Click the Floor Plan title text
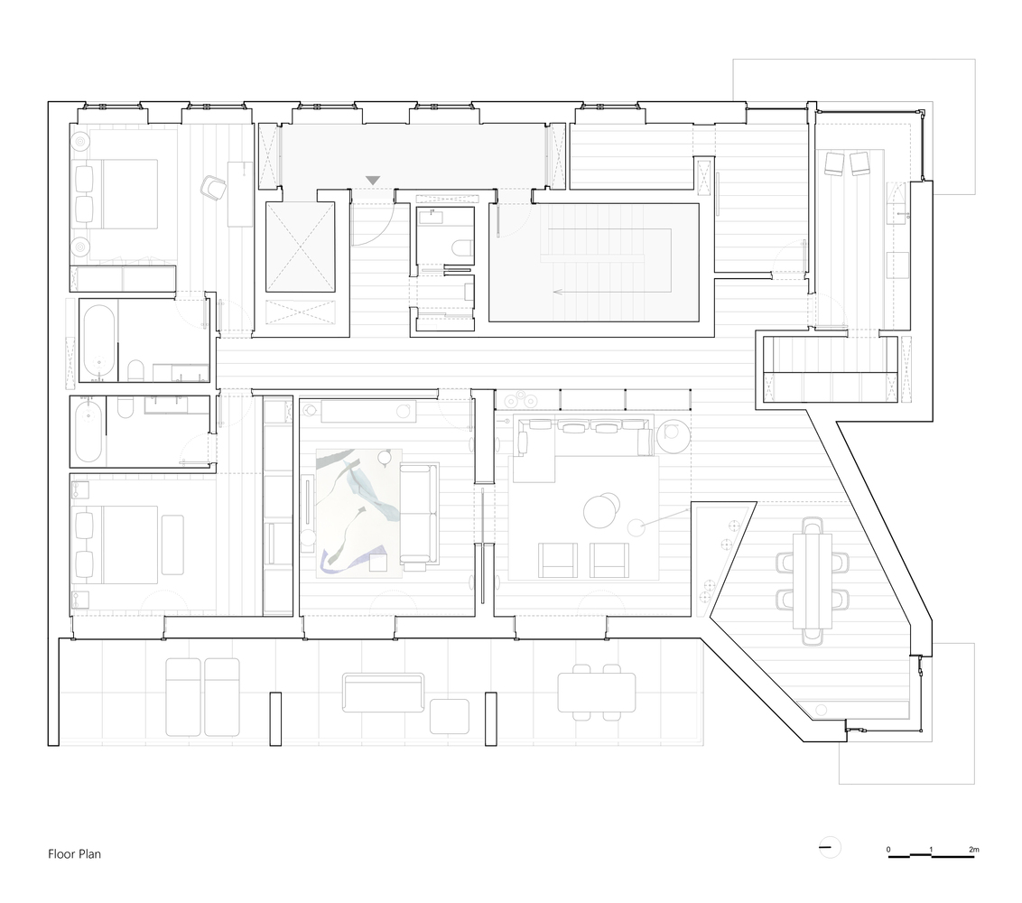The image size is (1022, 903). [x=74, y=853]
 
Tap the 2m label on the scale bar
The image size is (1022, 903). [x=973, y=850]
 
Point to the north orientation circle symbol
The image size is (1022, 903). [x=828, y=848]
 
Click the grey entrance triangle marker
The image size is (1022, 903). [x=374, y=181]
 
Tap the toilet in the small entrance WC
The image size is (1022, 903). [x=460, y=248]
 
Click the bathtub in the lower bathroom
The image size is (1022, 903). [x=88, y=432]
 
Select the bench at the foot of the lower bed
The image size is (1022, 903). [x=172, y=545]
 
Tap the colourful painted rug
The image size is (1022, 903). [x=358, y=512]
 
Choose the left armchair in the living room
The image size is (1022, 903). [x=556, y=560]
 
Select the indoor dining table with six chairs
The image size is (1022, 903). [x=812, y=579]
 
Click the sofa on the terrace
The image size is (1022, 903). [x=383, y=692]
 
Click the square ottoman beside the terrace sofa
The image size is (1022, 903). [x=449, y=716]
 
